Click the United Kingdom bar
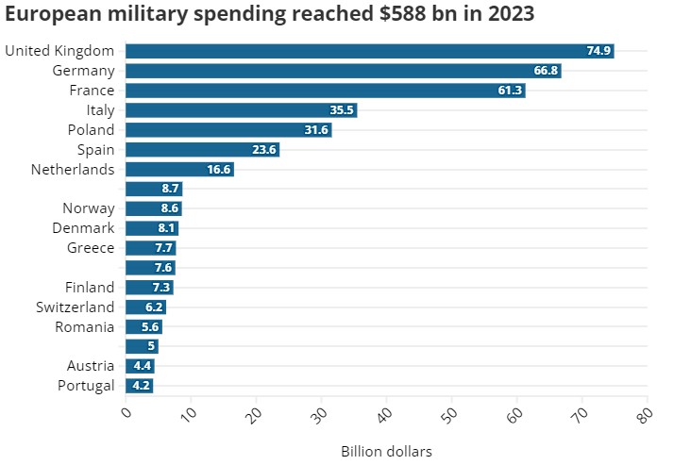(369, 51)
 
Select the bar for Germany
(343, 71)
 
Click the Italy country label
(100, 110)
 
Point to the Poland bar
(228, 130)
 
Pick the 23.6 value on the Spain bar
(266, 150)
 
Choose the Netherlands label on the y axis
(73, 170)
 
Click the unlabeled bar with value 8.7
(153, 189)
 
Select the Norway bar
(153, 208)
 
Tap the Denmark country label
(83, 228)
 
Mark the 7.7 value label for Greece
(163, 248)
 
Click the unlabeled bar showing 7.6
(149, 268)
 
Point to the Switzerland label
(76, 307)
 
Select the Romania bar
(143, 327)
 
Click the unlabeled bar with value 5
(142, 346)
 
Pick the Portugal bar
(139, 386)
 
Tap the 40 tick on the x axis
(385, 412)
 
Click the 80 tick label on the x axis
(646, 412)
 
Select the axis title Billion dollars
(386, 452)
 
